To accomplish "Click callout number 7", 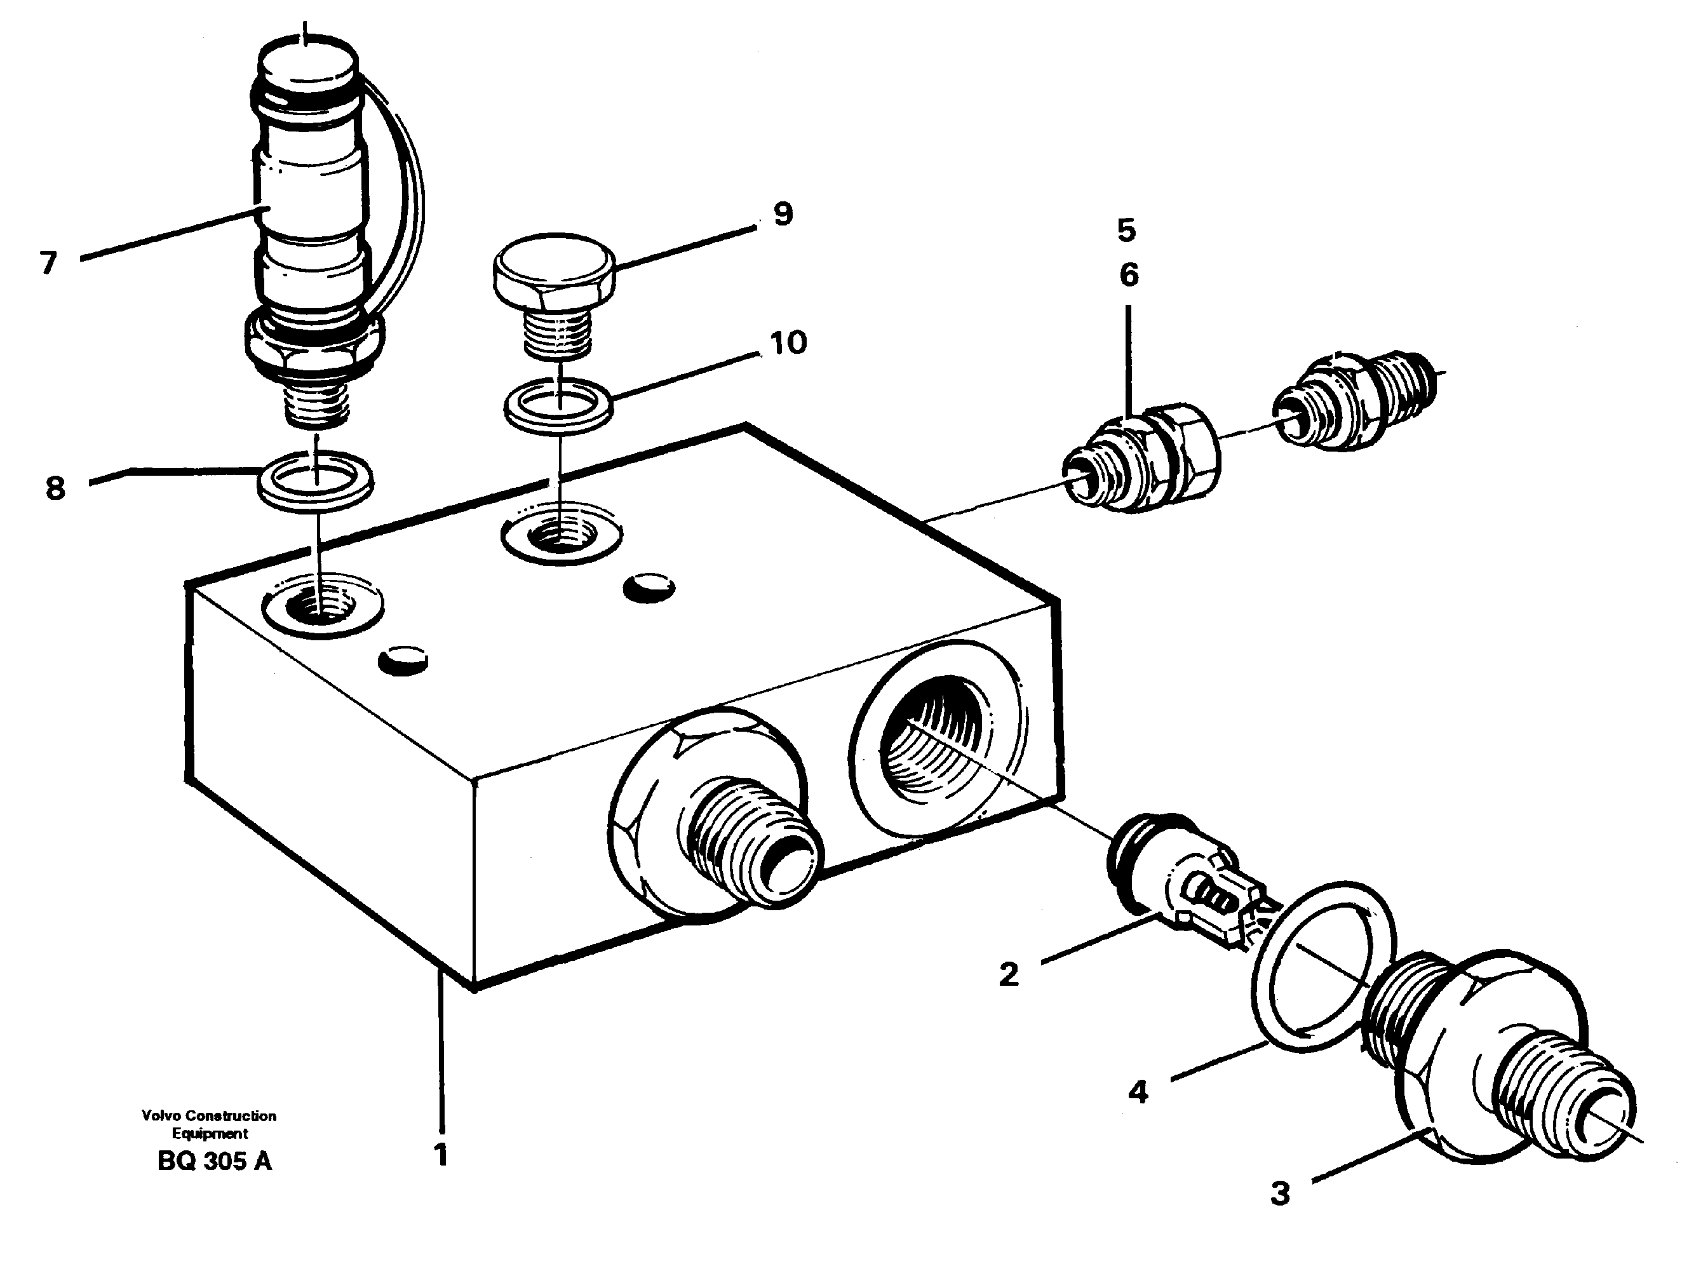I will [x=50, y=263].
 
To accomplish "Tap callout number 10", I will [x=788, y=343].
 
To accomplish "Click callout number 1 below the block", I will [x=440, y=1155].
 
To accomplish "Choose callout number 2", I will [x=1008, y=974].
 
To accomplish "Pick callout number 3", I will [x=1281, y=1193].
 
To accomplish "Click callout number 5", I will [x=1127, y=230].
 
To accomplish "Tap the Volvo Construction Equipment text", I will [x=209, y=1124].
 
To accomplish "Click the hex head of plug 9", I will [x=555, y=270].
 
